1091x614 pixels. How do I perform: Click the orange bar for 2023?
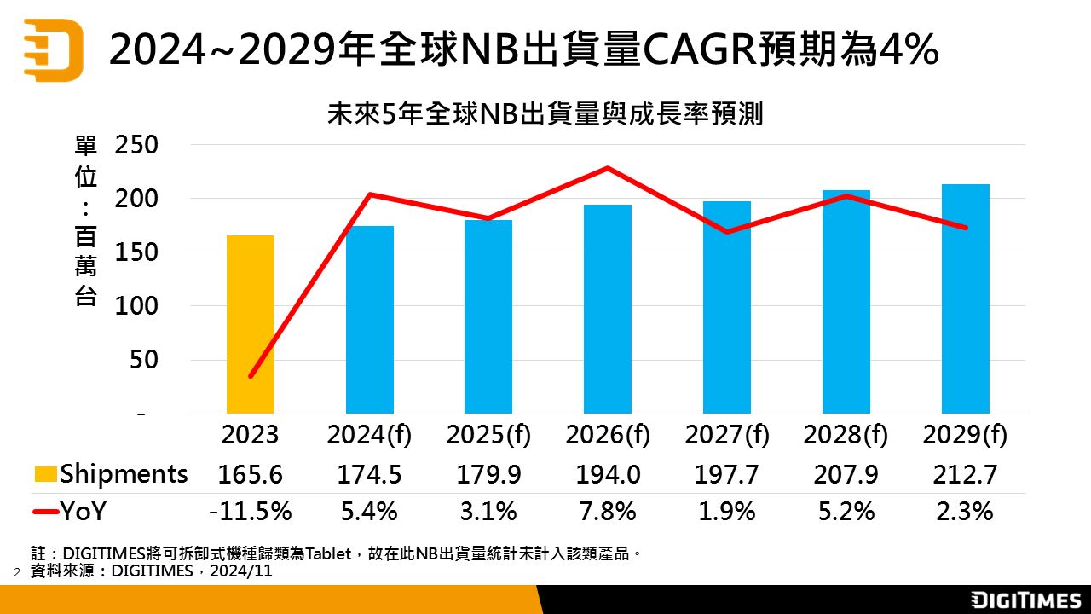pyautogui.click(x=251, y=324)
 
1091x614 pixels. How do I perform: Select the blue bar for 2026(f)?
pyautogui.click(x=608, y=309)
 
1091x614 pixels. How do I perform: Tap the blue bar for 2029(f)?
pyautogui.click(x=966, y=298)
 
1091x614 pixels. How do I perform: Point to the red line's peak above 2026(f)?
pyautogui.click(x=608, y=168)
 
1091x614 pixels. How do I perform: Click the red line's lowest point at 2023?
pyautogui.click(x=251, y=376)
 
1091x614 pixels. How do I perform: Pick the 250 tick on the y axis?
pyautogui.click(x=136, y=145)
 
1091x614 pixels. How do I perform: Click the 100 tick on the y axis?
pyautogui.click(x=136, y=305)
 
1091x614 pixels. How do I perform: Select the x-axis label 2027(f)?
pyautogui.click(x=727, y=435)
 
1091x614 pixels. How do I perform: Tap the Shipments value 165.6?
pyautogui.click(x=251, y=474)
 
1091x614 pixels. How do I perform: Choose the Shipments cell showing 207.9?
pyautogui.click(x=846, y=474)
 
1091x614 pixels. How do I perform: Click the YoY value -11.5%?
pyautogui.click(x=251, y=512)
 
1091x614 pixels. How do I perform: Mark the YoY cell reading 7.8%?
pyautogui.click(x=608, y=512)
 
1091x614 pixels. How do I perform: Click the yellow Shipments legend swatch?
pyautogui.click(x=46, y=474)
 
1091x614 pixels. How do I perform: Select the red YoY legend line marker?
pyautogui.click(x=46, y=512)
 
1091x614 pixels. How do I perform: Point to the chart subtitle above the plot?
pyautogui.click(x=545, y=115)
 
